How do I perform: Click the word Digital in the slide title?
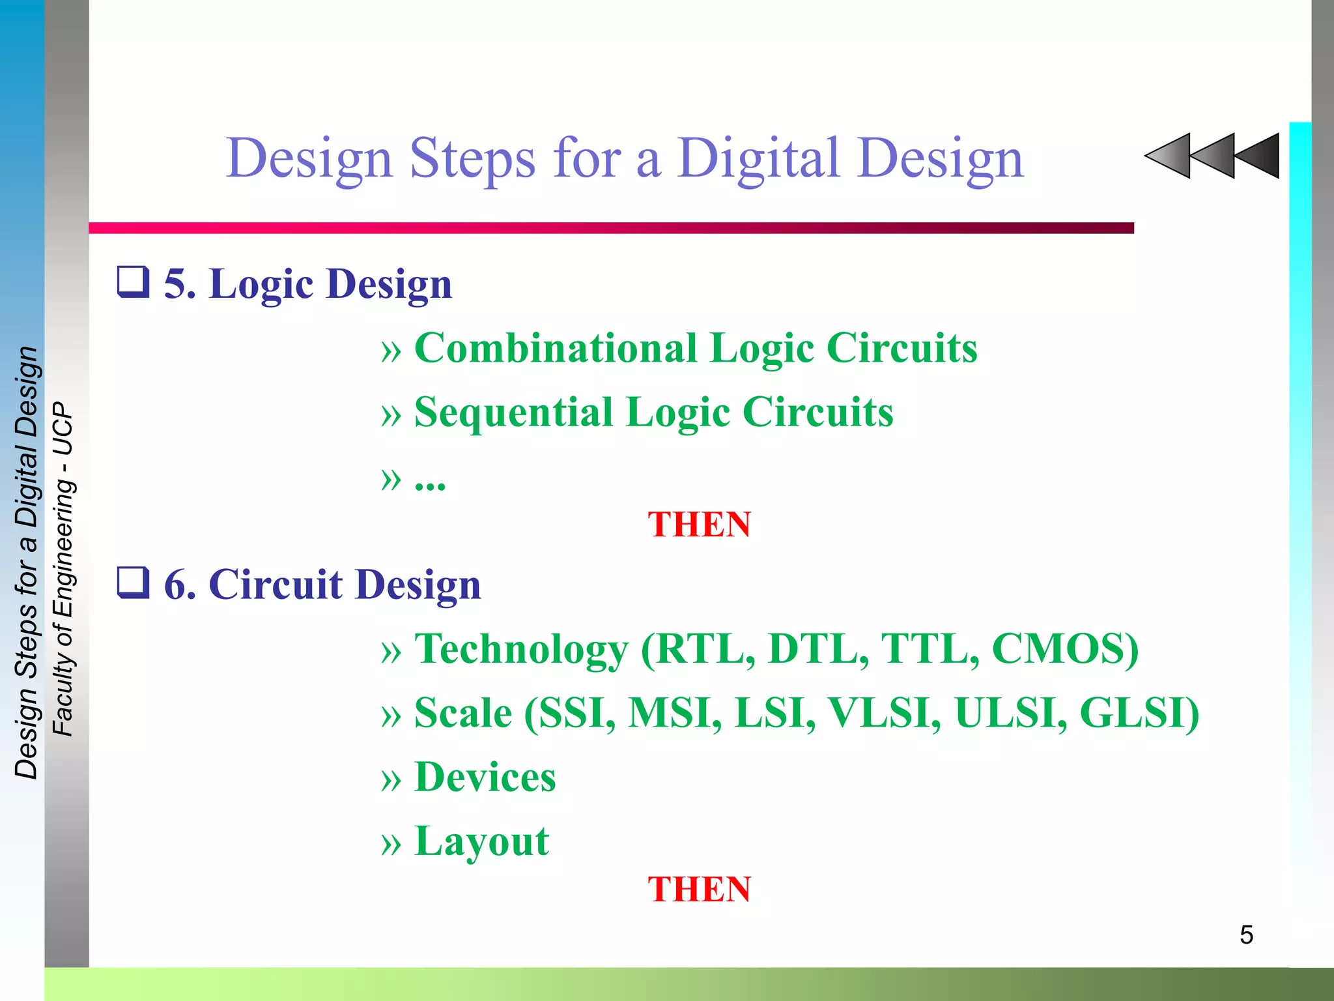coord(758,158)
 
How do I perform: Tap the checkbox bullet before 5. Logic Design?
coord(133,282)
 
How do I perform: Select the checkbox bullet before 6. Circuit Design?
coord(133,582)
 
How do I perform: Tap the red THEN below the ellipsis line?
coord(699,525)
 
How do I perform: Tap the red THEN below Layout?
coord(699,890)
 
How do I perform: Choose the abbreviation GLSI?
coord(1137,712)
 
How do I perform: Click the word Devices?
coord(485,777)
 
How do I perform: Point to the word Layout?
coord(481,841)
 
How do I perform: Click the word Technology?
coord(521,648)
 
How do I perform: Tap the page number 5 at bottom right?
coord(1246,935)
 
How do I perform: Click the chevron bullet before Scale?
coord(391,716)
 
